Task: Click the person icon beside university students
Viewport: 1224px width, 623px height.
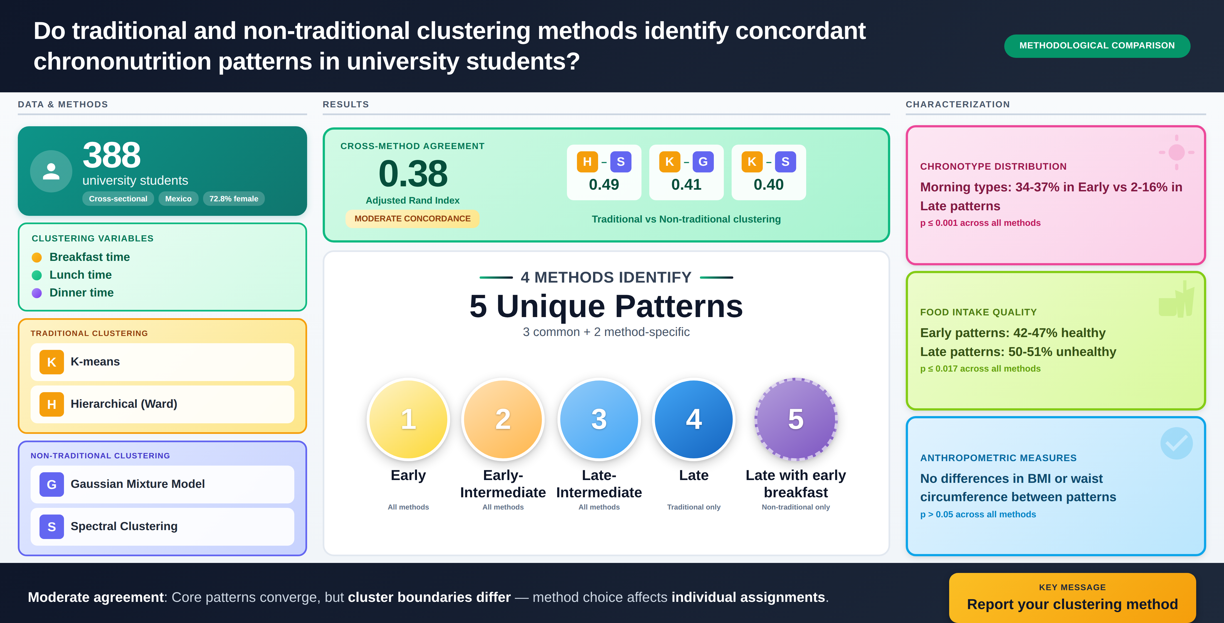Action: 51,171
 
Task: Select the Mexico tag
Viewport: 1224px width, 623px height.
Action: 178,199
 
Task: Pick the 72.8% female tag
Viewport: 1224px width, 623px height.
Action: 234,199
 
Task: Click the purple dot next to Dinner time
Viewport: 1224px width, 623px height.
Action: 37,293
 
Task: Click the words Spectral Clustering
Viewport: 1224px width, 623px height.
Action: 124,526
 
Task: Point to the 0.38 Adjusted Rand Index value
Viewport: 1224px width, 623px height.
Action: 413,174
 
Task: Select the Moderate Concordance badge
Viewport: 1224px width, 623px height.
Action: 413,219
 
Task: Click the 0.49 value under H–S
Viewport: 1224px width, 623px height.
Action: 604,184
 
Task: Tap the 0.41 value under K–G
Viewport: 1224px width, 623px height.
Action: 686,184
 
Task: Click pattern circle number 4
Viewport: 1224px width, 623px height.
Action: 694,419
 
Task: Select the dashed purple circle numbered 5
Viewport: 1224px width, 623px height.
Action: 796,419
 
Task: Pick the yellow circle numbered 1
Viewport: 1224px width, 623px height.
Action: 408,419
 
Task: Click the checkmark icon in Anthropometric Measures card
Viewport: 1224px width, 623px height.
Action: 1176,443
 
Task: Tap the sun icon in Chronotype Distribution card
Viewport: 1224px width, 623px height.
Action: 1176,152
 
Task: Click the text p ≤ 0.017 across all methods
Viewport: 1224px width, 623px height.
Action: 980,369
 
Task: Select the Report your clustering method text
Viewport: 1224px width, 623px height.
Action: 1072,604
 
